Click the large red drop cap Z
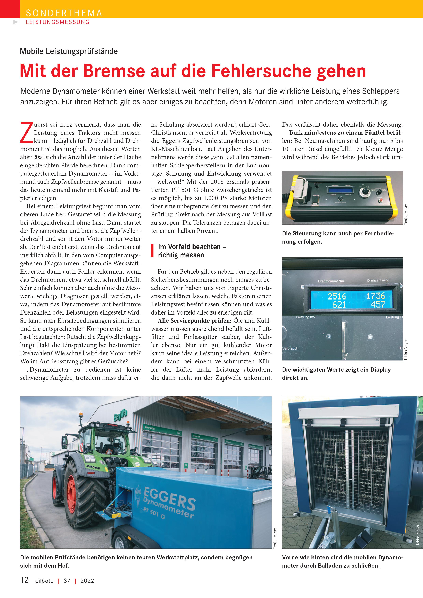point(26,133)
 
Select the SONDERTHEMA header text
point(64,13)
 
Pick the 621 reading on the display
point(339,304)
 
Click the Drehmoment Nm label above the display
point(331,281)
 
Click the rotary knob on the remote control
point(364,192)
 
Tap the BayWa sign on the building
point(120,415)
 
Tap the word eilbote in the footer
point(44,581)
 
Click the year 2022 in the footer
point(87,581)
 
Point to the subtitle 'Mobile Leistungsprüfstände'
point(69,51)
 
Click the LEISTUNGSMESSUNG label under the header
point(58,22)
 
